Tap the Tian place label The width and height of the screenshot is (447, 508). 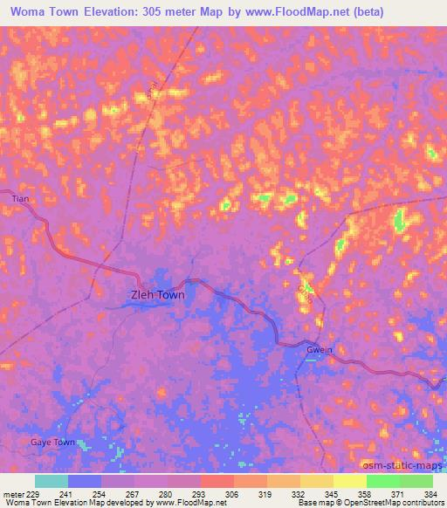[x=21, y=200]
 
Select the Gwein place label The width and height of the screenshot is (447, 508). [x=319, y=350]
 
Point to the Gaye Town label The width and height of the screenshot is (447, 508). [x=53, y=443]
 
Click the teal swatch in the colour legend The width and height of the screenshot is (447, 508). [x=52, y=481]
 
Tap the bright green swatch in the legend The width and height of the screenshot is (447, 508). [x=383, y=481]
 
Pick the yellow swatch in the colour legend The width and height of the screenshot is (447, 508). [x=350, y=481]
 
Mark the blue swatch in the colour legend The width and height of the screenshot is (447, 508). [x=85, y=481]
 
